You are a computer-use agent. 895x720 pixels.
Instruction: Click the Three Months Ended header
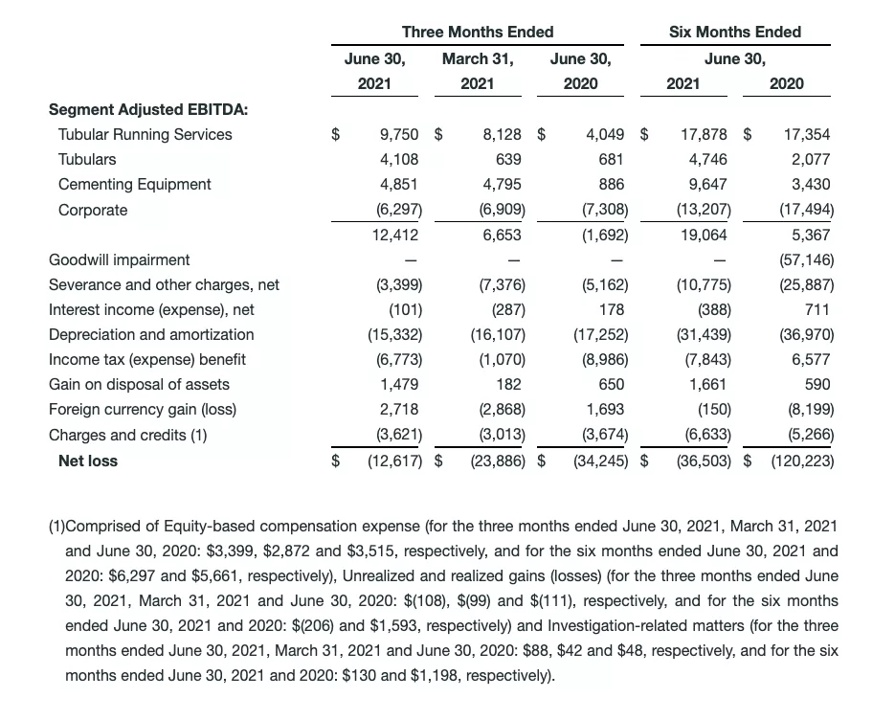[x=478, y=32]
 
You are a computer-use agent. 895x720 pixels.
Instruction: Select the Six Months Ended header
[x=734, y=32]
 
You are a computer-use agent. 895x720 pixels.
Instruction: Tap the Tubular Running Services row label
[x=145, y=135]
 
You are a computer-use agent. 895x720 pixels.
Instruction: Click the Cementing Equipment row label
[x=135, y=185]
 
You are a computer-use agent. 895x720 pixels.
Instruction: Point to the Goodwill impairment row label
[x=120, y=259]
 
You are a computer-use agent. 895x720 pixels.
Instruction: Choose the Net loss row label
[x=88, y=461]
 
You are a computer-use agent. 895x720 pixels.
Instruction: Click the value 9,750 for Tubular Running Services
[x=399, y=135]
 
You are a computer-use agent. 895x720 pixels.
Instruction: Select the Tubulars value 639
[x=508, y=160]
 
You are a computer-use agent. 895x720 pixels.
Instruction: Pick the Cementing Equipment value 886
[x=611, y=185]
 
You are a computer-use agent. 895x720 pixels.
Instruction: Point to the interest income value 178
[x=611, y=309]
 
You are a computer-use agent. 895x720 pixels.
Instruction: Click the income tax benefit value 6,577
[x=812, y=359]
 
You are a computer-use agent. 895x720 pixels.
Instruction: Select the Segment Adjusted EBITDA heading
[x=148, y=109]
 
